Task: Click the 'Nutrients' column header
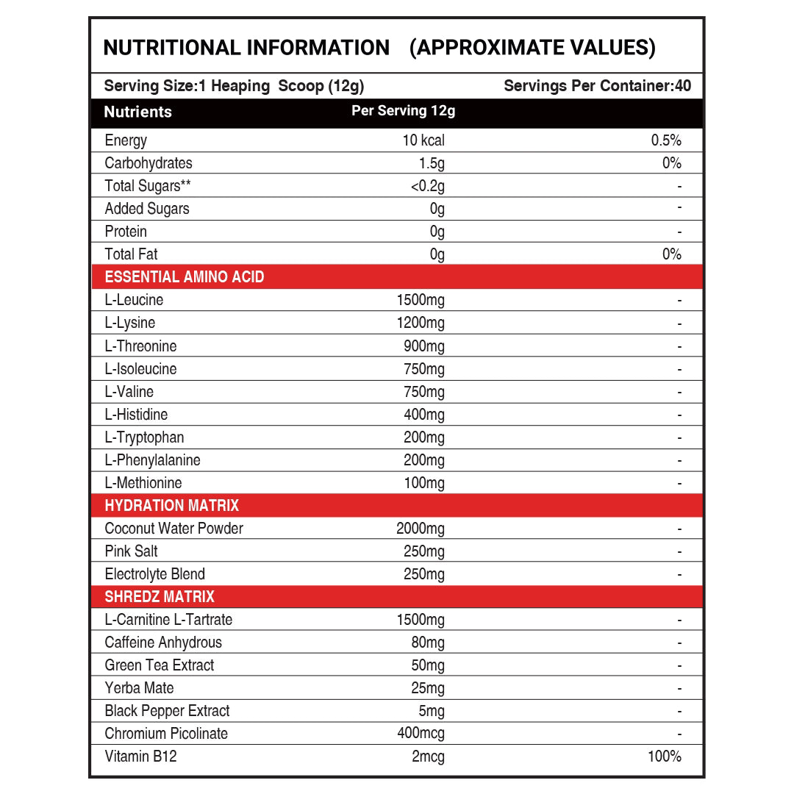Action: click(137, 112)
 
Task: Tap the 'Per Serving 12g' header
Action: click(404, 111)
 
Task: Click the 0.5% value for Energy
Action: click(666, 140)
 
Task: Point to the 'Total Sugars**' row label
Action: click(143, 186)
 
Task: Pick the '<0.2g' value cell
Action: click(427, 186)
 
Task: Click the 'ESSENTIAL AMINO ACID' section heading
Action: click(185, 277)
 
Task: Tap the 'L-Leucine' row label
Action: click(134, 300)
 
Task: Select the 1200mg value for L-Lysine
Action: click(420, 323)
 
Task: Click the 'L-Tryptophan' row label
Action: click(144, 437)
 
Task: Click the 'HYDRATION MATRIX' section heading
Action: click(172, 506)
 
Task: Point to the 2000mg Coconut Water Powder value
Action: click(420, 529)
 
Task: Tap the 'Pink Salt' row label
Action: click(131, 551)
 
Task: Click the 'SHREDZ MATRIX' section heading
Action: click(160, 597)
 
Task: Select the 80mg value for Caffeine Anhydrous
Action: click(428, 643)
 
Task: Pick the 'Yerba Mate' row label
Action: click(139, 688)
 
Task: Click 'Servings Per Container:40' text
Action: click(597, 86)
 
